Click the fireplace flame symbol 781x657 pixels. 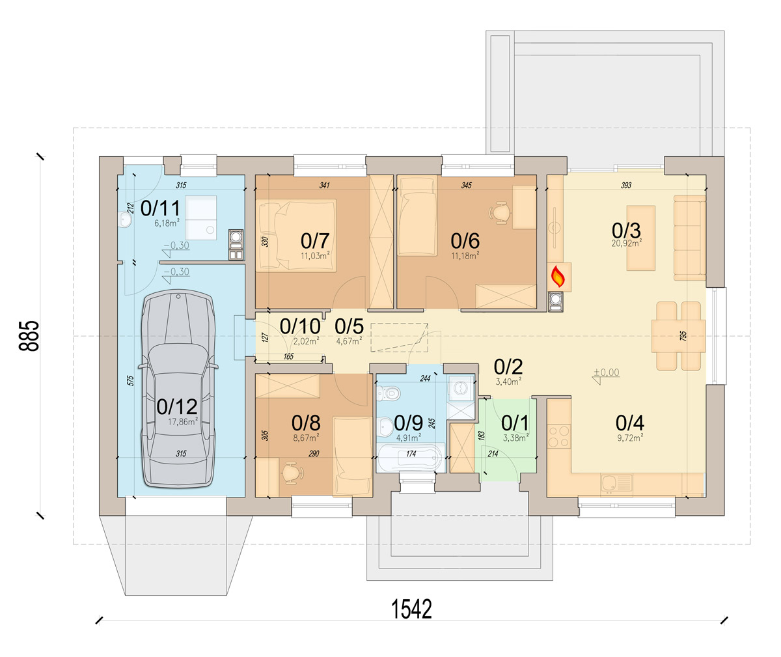(x=558, y=276)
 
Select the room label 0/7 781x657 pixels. (x=315, y=240)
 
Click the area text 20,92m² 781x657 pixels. (x=626, y=242)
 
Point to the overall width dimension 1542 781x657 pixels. (x=411, y=609)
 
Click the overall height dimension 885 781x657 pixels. (x=29, y=335)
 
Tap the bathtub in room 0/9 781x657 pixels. (x=411, y=457)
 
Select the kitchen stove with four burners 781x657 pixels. (x=559, y=436)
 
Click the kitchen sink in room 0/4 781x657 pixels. (x=617, y=485)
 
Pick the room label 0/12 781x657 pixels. (x=177, y=407)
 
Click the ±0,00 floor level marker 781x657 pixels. (x=607, y=372)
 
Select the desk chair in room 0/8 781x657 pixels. (x=292, y=473)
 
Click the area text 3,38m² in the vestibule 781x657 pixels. (x=516, y=438)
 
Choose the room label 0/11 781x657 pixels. (x=160, y=208)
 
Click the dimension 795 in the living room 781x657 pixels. (x=683, y=336)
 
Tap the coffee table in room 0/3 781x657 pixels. (x=640, y=238)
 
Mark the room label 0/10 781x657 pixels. (x=300, y=327)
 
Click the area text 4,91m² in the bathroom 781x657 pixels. (x=409, y=438)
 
